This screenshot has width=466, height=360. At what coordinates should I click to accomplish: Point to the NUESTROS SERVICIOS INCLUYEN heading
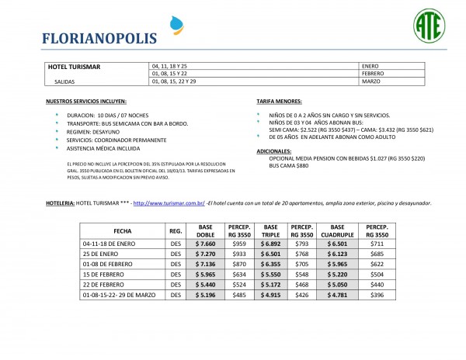(x=85, y=102)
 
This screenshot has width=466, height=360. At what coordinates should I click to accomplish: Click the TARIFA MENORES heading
(x=280, y=102)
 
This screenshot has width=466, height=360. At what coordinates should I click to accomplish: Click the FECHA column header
(x=122, y=231)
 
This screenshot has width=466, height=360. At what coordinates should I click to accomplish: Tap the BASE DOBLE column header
(x=205, y=231)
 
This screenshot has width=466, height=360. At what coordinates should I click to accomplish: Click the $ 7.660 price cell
(x=205, y=244)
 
